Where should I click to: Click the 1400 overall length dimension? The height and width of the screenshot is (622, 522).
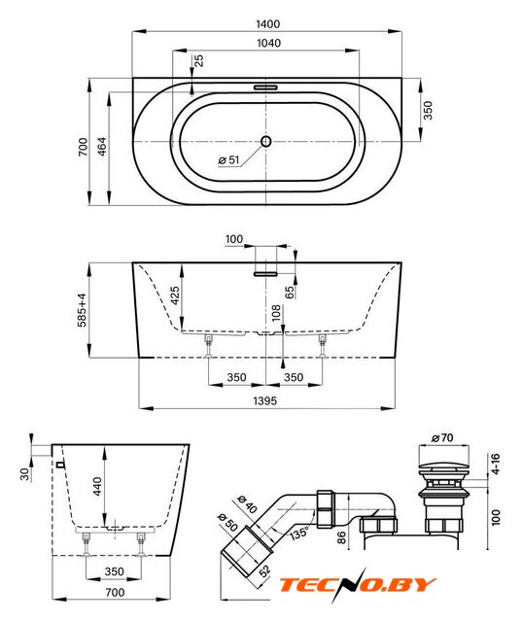(x=267, y=24)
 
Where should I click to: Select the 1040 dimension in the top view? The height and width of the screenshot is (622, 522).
(x=268, y=43)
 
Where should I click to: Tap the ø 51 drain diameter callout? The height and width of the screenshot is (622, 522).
(x=228, y=159)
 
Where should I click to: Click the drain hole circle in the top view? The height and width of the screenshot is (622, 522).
(x=265, y=141)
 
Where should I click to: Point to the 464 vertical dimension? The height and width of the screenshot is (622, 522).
(x=102, y=147)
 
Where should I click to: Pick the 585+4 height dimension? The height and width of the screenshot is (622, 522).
(x=82, y=310)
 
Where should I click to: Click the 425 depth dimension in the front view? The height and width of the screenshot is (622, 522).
(x=175, y=295)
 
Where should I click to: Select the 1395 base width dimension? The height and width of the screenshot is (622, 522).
(x=265, y=400)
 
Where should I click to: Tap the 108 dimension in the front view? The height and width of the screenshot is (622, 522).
(x=276, y=313)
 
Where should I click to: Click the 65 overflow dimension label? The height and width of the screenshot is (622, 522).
(x=290, y=293)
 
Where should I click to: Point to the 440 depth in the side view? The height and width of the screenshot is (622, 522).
(x=97, y=486)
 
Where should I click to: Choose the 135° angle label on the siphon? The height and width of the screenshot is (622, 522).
(x=298, y=533)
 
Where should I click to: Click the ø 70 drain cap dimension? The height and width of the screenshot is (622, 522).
(x=442, y=437)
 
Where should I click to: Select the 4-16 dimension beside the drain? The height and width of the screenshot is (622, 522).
(x=496, y=464)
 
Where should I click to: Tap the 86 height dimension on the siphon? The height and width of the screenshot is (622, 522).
(x=341, y=537)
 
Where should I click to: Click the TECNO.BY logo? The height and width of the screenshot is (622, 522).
(x=358, y=585)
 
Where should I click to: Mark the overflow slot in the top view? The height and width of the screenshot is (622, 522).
(x=265, y=86)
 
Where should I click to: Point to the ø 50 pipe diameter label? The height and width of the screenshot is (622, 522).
(x=227, y=523)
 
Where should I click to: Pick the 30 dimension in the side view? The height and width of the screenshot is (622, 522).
(x=25, y=473)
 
